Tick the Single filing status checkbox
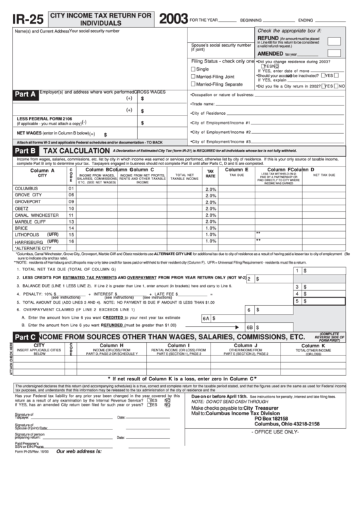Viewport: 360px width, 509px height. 194,69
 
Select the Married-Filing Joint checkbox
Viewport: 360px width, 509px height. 194,77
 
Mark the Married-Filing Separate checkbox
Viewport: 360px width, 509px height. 194,84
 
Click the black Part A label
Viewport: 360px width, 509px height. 25,95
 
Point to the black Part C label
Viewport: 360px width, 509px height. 25,336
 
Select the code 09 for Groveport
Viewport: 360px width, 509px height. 71,202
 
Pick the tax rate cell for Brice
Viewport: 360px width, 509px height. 211,228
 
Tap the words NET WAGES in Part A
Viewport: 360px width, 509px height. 29,133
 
